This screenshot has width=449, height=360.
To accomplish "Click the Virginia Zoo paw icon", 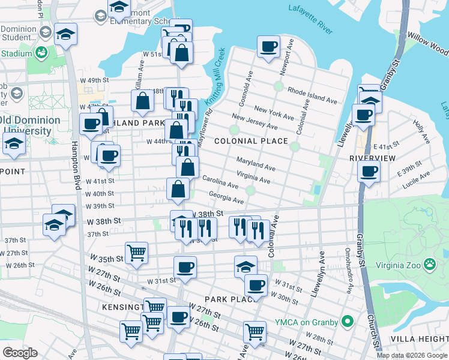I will [430, 264].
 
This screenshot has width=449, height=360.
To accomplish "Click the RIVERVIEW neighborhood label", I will [372, 158].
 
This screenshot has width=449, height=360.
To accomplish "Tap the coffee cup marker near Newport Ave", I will [269, 46].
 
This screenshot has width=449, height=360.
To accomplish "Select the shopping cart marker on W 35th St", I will [136, 252].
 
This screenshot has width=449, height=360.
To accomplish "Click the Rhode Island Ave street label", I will [312, 94].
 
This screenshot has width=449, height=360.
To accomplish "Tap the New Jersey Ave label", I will [254, 122].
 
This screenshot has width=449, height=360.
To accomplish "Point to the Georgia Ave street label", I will [226, 197].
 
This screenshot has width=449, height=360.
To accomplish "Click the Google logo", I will [20, 352].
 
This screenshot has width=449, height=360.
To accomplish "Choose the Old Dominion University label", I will [31, 125].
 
